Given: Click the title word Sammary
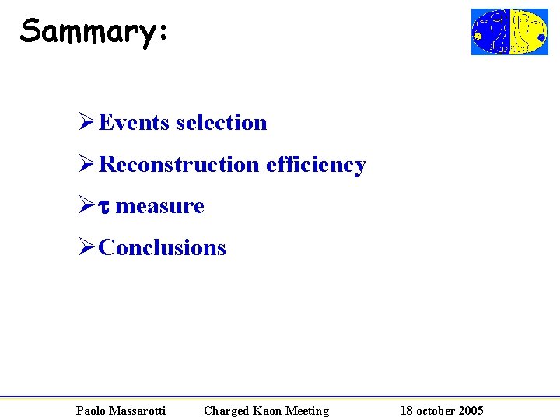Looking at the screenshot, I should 87,31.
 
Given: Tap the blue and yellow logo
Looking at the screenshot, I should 509,32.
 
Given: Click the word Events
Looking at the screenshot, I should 135,123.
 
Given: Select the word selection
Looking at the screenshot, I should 222,123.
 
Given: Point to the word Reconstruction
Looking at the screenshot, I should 180,165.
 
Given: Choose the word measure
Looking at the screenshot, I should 159,206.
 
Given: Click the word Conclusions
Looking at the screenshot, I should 163,248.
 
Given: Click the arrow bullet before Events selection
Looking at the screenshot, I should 87,123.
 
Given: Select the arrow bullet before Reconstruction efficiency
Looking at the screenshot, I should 87,165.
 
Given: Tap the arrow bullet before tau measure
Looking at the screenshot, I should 87,206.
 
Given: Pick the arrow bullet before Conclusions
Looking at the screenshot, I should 87,248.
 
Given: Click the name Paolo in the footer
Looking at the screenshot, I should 91,411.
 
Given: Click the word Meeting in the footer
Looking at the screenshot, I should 307,411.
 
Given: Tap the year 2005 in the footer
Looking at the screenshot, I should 470,411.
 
